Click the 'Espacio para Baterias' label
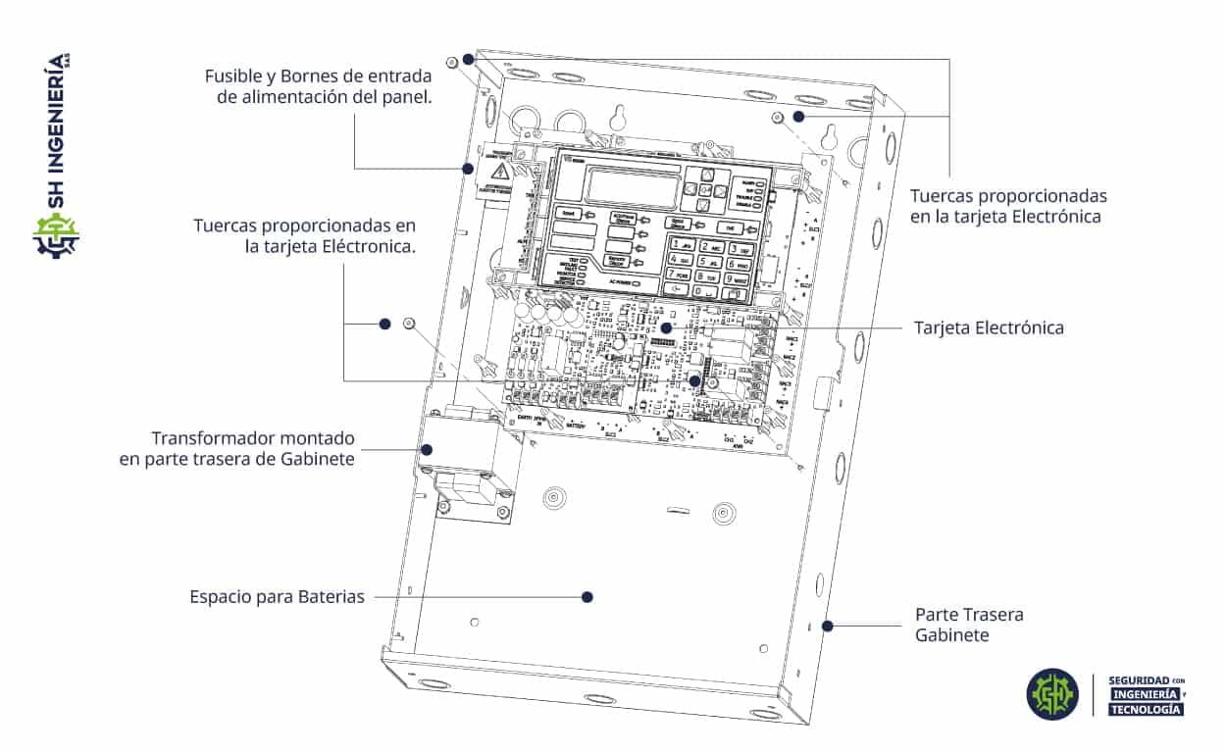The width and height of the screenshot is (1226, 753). [x=277, y=596]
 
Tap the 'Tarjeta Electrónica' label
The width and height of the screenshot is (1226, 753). [x=989, y=327]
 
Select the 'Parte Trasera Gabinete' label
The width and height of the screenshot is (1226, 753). [x=969, y=625]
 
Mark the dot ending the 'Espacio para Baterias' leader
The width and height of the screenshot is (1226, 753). [x=587, y=596]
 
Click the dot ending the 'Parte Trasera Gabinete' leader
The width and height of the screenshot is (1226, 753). [x=828, y=625]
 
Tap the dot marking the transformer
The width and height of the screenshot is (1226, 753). [x=427, y=449]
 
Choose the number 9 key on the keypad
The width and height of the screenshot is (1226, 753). [x=740, y=278]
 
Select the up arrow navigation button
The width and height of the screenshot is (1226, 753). [x=705, y=174]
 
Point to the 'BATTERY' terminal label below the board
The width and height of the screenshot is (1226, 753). [x=576, y=427]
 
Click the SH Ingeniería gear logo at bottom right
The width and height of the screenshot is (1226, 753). [x=1052, y=694]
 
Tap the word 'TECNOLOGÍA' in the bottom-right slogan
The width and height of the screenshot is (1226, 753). [x=1145, y=709]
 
